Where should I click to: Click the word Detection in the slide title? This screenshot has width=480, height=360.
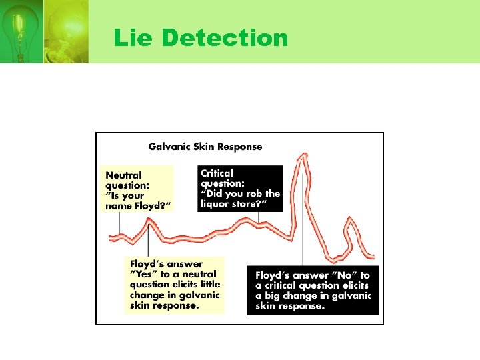pos(225,38)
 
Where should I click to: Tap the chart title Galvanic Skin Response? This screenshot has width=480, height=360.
pos(205,147)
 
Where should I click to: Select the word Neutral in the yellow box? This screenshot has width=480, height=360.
pos(123,175)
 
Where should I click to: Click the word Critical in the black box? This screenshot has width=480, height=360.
pos(217,173)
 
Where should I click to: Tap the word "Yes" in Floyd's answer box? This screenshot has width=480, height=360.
pos(143,274)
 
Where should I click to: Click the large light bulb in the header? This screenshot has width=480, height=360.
pos(65,30)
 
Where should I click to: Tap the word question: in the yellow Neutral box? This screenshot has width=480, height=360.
pos(128,186)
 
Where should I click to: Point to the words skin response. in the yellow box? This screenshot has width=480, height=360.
pos(164,305)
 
